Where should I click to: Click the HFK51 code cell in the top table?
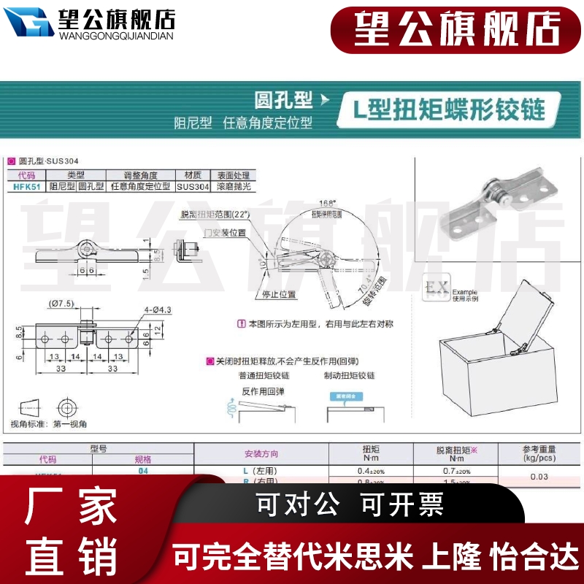tap(26, 187)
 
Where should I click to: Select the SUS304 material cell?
tap(193, 187)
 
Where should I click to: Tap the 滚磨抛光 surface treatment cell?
tap(233, 187)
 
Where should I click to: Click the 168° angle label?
tap(328, 203)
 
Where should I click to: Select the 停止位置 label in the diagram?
tap(278, 295)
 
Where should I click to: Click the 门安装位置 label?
tap(226, 233)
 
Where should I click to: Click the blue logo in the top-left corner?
tap(28, 23)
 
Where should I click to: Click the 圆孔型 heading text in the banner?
tap(283, 99)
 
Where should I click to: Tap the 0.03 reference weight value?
tap(539, 477)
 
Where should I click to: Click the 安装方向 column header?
tap(261, 453)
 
